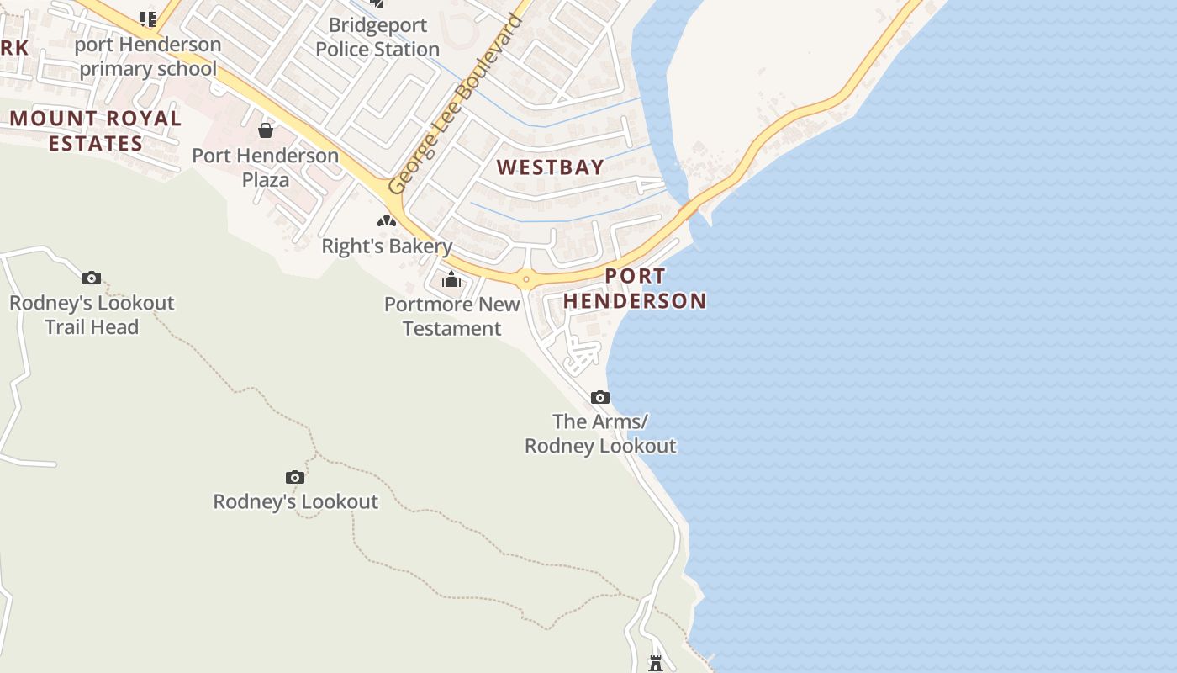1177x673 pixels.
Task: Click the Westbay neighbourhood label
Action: pyautogui.click(x=550, y=167)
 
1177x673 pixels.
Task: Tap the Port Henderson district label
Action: pyautogui.click(x=635, y=289)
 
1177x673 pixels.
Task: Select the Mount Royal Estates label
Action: pyautogui.click(x=96, y=130)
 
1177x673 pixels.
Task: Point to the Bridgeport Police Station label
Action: pyautogui.click(x=377, y=37)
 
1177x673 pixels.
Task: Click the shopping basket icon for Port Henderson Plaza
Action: pyautogui.click(x=266, y=130)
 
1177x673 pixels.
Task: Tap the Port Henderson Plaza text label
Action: pyautogui.click(x=266, y=167)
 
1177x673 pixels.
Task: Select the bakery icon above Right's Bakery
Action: pyautogui.click(x=387, y=221)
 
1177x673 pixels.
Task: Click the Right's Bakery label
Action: pyautogui.click(x=387, y=246)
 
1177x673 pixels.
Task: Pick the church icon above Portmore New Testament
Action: pyautogui.click(x=452, y=279)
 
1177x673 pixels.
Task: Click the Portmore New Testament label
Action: pyautogui.click(x=452, y=316)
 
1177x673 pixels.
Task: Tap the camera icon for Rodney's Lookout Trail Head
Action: pyautogui.click(x=92, y=278)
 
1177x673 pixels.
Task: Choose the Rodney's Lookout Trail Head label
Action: pyautogui.click(x=92, y=315)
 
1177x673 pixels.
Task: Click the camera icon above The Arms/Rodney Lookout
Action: pyautogui.click(x=599, y=397)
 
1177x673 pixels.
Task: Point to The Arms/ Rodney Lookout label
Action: pyautogui.click(x=600, y=433)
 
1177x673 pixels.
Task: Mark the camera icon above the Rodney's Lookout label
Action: pyautogui.click(x=294, y=477)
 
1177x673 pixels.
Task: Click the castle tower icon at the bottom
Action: pyautogui.click(x=656, y=664)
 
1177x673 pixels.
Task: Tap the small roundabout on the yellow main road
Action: pyautogui.click(x=526, y=279)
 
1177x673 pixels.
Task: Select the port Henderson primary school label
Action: pyautogui.click(x=148, y=56)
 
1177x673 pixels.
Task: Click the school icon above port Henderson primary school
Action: pyautogui.click(x=148, y=18)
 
